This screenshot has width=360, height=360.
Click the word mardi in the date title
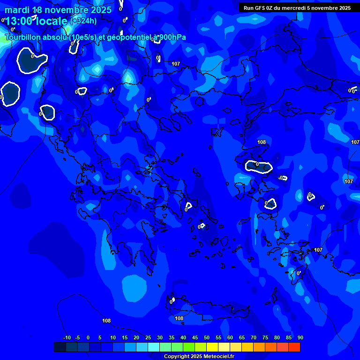pyautogui.click(x=17, y=10)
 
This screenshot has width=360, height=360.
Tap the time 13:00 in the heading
pyautogui.click(x=22, y=21)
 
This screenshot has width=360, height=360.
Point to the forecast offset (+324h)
pyautogui.click(x=83, y=21)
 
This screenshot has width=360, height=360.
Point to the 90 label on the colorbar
pyautogui.click(x=300, y=337)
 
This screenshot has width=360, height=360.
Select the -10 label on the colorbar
pyautogui.click(x=67, y=337)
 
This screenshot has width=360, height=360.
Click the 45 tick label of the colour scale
pyautogui.click(x=195, y=337)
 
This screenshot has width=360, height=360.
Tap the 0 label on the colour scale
pyautogui.click(x=88, y=337)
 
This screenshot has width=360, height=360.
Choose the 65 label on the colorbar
pyautogui.click(x=242, y=337)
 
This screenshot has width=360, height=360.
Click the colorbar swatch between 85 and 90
pyautogui.click(x=294, y=347)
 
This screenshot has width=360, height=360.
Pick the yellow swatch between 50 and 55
pyautogui.click(x=212, y=347)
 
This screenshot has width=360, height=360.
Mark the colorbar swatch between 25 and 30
pyautogui.click(x=154, y=347)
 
